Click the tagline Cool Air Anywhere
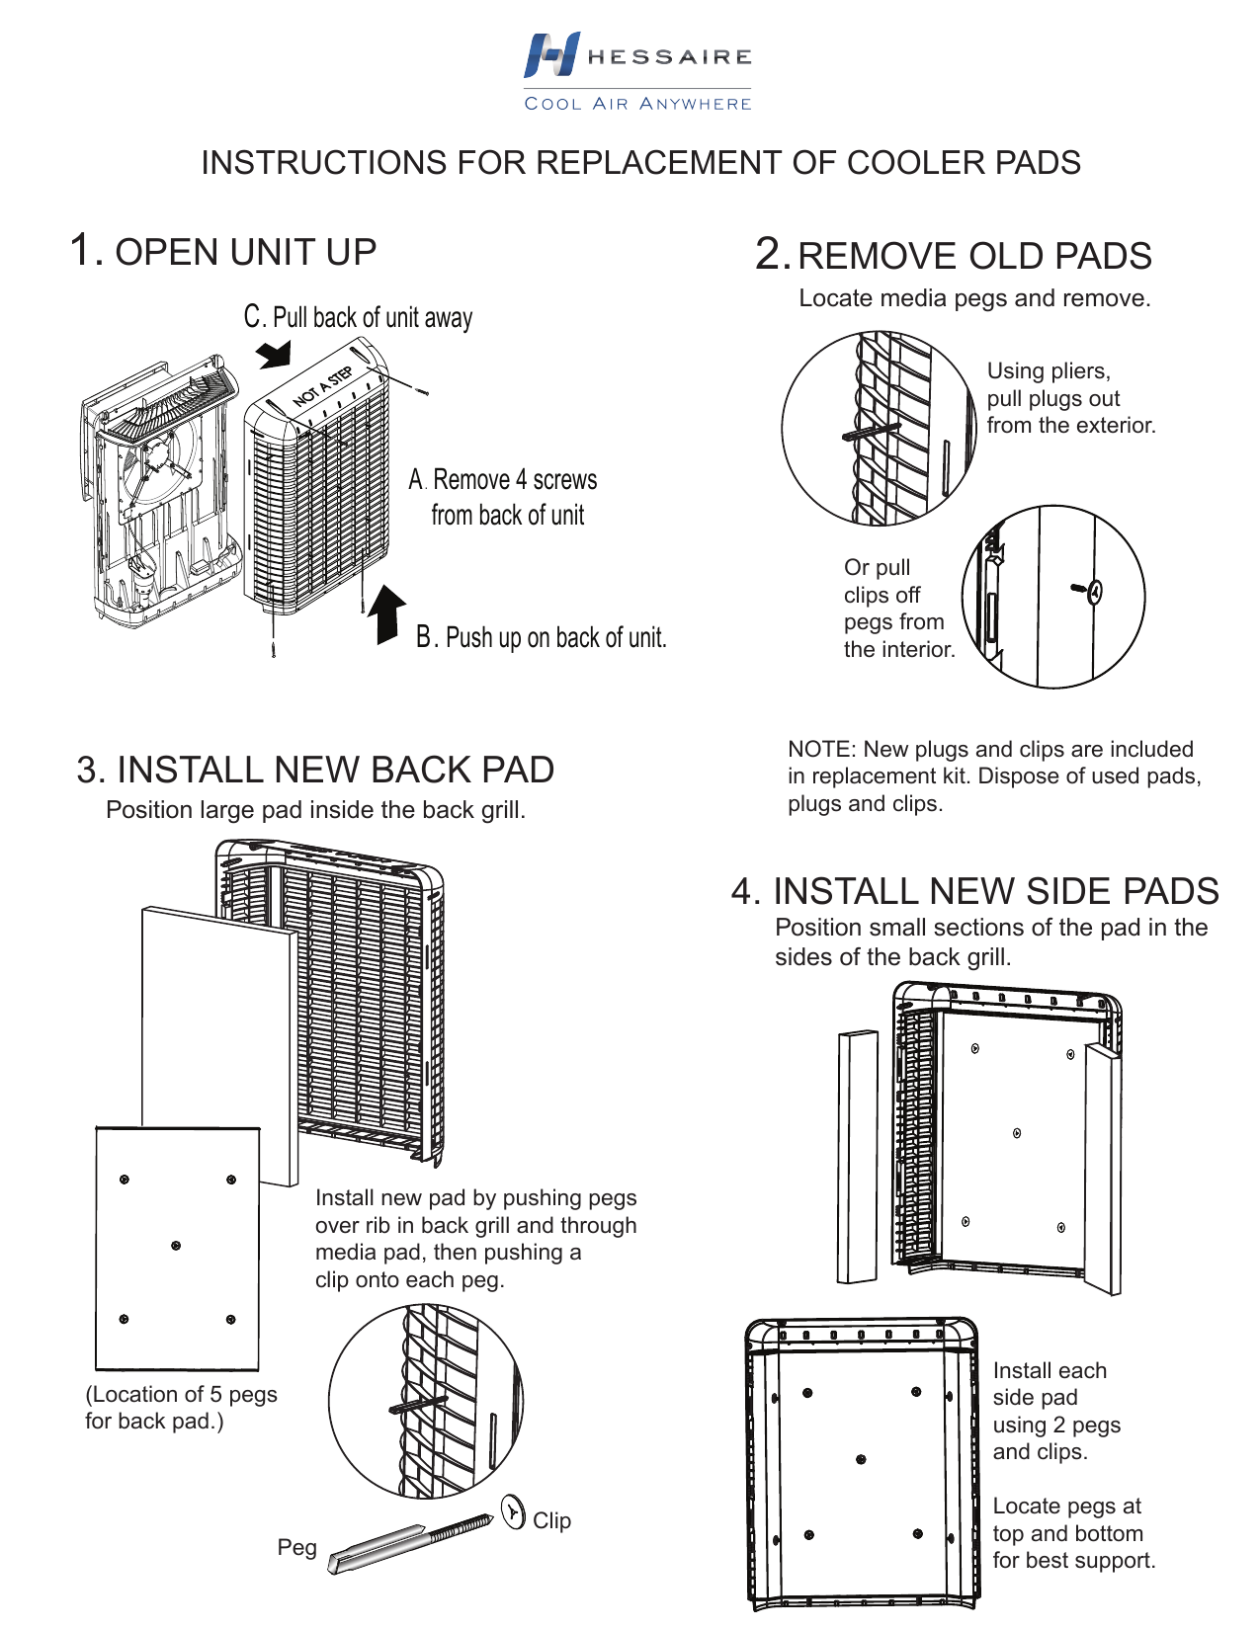pos(637,104)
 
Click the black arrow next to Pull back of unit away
pos(274,354)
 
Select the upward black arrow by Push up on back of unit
pos(386,614)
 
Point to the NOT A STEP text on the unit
pos(323,387)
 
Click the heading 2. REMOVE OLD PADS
pos(954,255)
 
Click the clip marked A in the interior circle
pos(1094,592)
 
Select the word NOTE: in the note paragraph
pos(820,750)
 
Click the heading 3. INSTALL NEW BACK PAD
pos(315,770)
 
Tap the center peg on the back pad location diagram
pos(176,1246)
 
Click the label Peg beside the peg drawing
pos(296,1547)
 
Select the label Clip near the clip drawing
pos(551,1520)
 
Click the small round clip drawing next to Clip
pos(513,1512)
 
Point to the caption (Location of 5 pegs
pos(181,1394)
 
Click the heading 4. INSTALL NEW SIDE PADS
pos(974,891)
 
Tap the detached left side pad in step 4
pos(857,1156)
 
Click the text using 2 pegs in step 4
pos(1056,1425)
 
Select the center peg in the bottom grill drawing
pos(861,1459)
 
